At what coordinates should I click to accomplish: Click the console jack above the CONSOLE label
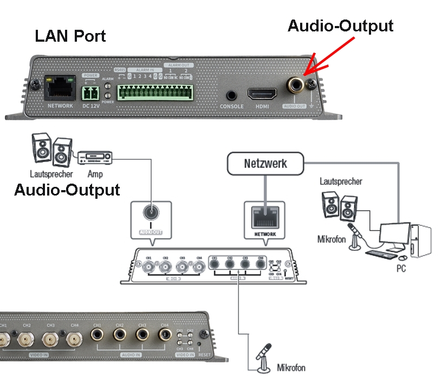pyautogui.click(x=232, y=94)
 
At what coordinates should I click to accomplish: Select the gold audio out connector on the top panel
pyautogui.click(x=296, y=85)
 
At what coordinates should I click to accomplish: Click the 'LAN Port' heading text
pyautogui.click(x=70, y=36)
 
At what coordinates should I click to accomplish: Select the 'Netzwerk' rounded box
pyautogui.click(x=265, y=163)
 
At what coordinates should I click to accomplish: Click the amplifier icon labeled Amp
pyautogui.click(x=96, y=158)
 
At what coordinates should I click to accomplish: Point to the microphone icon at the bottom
pyautogui.click(x=264, y=357)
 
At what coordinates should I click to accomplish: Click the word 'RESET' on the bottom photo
pyautogui.click(x=204, y=355)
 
